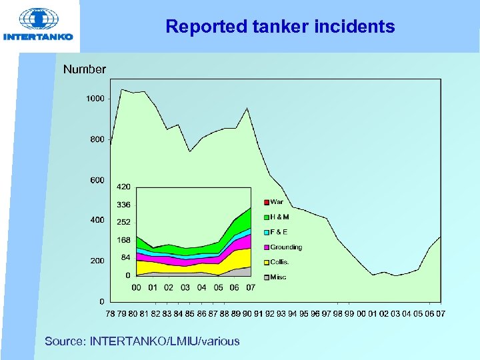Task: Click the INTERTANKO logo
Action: coord(38,25)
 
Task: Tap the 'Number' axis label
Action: coord(84,69)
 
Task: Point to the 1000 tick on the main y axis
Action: coord(95,99)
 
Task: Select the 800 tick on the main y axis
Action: coord(97,139)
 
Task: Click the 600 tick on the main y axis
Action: coord(97,180)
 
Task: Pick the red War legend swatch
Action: coord(265,202)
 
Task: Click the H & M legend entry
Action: coord(279,217)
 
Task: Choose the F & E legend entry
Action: coord(278,232)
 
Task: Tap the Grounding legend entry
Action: coord(285,247)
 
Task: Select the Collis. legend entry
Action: coord(279,262)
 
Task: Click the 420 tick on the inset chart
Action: coord(123,187)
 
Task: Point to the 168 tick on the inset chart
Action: coord(123,240)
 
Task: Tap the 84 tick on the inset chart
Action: coord(125,257)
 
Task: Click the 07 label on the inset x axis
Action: coord(251,288)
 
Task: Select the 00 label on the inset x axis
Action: coord(136,288)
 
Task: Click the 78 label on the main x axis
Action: coord(111,313)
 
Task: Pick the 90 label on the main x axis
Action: coord(247,313)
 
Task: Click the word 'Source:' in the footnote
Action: coord(65,341)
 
